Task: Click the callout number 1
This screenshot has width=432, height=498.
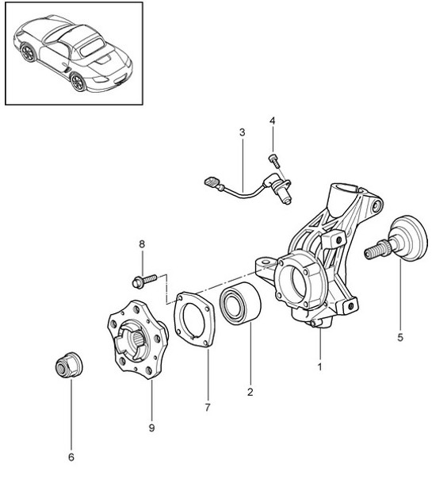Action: [320, 367]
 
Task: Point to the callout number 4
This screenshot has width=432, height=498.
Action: [272, 121]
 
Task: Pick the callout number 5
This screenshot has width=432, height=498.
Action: [400, 337]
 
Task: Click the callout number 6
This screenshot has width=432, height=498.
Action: [70, 457]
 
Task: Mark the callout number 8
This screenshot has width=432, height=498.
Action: [143, 244]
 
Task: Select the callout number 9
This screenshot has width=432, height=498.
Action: [151, 428]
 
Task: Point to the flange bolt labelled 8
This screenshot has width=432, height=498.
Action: [143, 279]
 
